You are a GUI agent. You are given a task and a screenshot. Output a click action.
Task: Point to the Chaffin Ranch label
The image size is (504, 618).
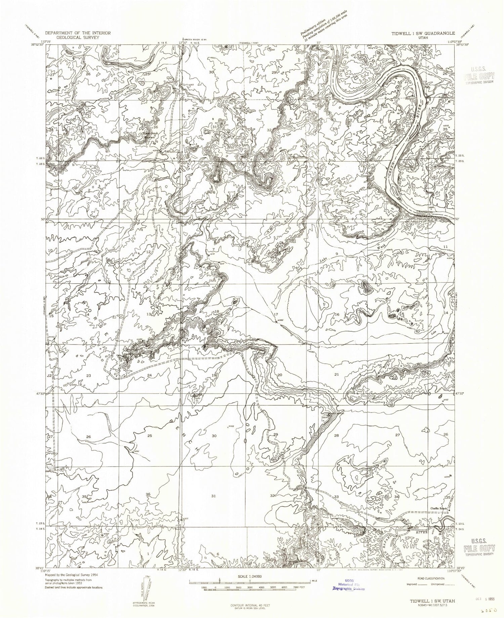click(438, 508)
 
